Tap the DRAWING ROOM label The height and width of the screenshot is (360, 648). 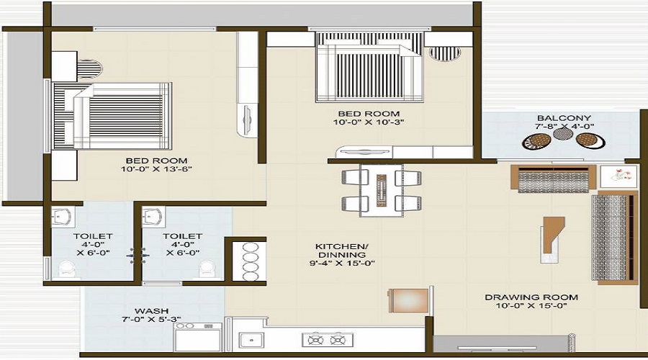click(x=531, y=297)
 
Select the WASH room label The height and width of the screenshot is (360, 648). click(x=151, y=311)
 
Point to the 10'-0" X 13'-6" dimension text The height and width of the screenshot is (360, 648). click(x=157, y=169)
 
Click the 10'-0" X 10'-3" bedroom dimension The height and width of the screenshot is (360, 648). click(x=369, y=122)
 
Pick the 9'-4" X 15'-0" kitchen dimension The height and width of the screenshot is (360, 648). click(x=342, y=263)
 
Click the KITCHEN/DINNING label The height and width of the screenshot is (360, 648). click(x=341, y=251)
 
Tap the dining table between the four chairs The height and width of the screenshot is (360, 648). click(x=381, y=191)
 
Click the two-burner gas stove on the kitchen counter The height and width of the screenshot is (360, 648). click(x=328, y=340)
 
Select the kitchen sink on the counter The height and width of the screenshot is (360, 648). click(x=251, y=340)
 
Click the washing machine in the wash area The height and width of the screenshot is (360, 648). click(x=197, y=337)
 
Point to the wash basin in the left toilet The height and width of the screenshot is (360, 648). click(x=63, y=217)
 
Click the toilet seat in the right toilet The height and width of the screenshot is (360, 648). click(x=206, y=269)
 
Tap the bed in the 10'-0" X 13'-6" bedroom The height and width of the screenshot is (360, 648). click(x=112, y=116)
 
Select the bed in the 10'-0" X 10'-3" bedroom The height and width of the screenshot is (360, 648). click(x=369, y=67)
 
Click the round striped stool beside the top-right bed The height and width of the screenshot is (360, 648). click(x=445, y=53)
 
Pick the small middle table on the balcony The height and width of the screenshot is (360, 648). click(x=561, y=133)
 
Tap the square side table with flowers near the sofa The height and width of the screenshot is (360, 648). click(x=618, y=177)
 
